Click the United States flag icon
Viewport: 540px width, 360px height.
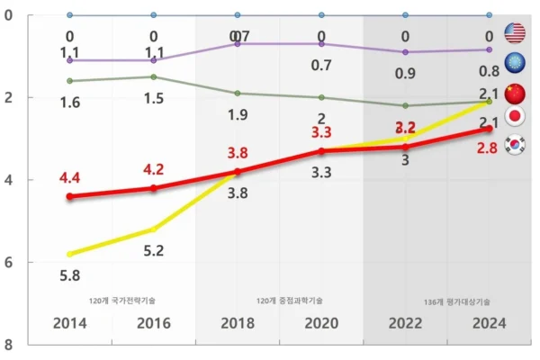click(516, 34)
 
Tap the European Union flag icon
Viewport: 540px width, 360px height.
click(516, 61)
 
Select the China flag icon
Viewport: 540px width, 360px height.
click(515, 93)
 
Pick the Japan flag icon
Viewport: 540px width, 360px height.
click(516, 117)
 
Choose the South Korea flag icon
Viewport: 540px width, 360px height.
click(516, 145)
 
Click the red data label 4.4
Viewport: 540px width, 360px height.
click(70, 177)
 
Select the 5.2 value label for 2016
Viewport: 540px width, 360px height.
click(153, 250)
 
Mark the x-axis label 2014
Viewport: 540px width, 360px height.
click(69, 323)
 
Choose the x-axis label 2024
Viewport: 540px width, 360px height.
click(488, 323)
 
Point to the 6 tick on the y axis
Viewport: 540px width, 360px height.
click(8, 263)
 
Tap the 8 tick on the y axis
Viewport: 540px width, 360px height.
click(8, 345)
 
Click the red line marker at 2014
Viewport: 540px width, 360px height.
click(70, 196)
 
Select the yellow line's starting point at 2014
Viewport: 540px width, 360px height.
click(70, 254)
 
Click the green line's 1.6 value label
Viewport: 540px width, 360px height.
click(69, 103)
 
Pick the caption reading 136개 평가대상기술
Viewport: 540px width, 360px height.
click(457, 301)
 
